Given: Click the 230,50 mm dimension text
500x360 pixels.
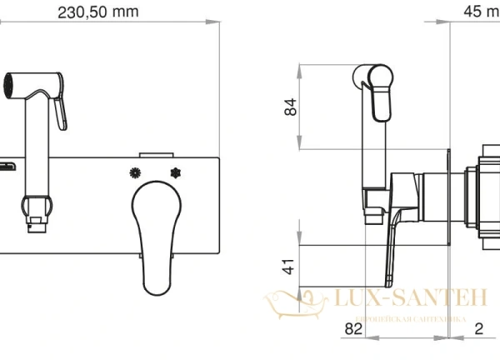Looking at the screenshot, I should (x=98, y=12).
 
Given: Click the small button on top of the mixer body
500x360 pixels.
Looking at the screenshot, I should (x=156, y=153).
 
